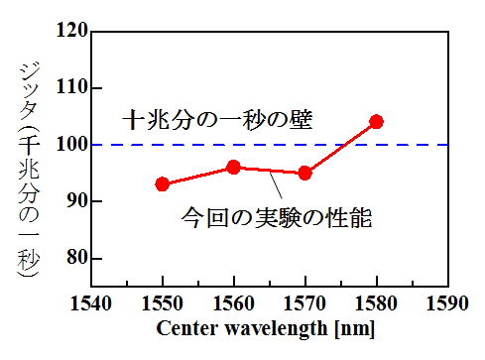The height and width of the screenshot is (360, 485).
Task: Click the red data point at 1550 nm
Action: tap(163, 184)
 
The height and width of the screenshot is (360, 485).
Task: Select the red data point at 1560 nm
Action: tap(234, 168)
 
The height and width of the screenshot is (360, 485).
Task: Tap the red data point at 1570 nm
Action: tap(305, 173)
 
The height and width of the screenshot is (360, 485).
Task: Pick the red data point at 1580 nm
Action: tap(376, 122)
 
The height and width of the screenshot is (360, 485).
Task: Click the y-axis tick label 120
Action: tap(65, 31)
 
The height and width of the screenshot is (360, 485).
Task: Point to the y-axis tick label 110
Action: tap(65, 87)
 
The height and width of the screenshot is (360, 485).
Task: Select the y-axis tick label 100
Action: tap(65, 145)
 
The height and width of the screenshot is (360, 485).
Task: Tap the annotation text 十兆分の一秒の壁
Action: tap(217, 120)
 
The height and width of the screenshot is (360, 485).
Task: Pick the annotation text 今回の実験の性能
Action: tap(277, 217)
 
